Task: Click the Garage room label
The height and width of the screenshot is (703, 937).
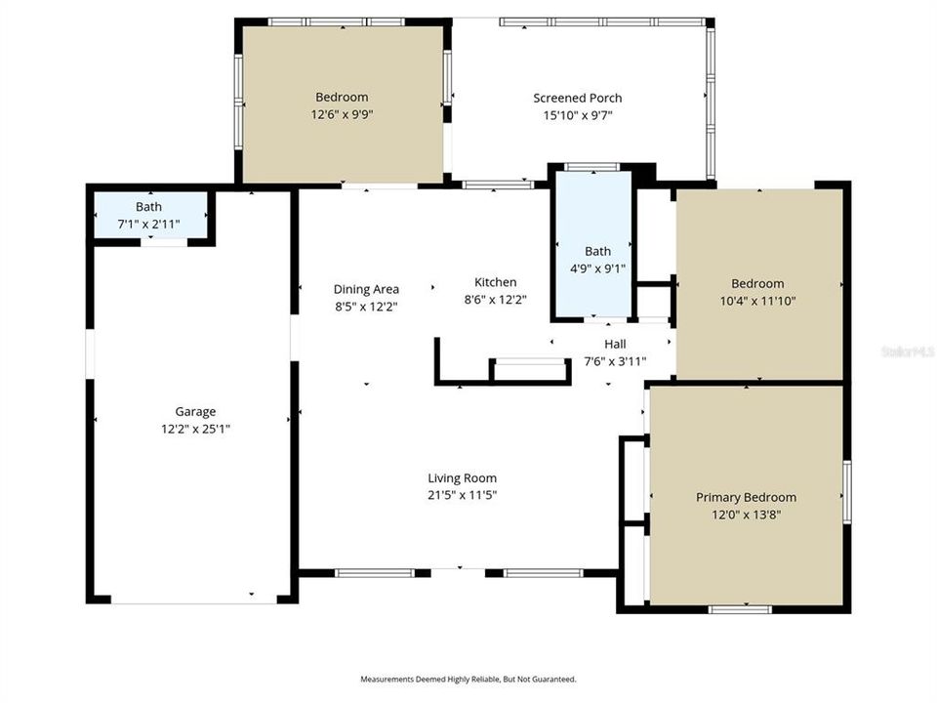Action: click(x=195, y=411)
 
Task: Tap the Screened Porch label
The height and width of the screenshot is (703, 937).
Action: click(x=577, y=98)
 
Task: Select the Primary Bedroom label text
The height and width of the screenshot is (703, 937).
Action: click(x=746, y=497)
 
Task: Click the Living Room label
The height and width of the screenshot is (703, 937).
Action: click(x=462, y=478)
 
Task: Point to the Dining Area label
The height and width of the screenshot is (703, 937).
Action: click(x=366, y=289)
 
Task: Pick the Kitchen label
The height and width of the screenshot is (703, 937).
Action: click(x=496, y=282)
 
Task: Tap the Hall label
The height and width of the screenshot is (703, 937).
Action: click(x=615, y=344)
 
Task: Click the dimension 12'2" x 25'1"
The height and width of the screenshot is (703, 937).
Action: click(x=195, y=429)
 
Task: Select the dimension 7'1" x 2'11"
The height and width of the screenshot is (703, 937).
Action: click(x=148, y=225)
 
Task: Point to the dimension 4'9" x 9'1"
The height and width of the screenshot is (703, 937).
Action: click(x=597, y=269)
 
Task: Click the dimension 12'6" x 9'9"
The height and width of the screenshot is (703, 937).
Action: click(x=342, y=114)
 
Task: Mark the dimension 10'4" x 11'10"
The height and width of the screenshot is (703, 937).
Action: click(x=757, y=301)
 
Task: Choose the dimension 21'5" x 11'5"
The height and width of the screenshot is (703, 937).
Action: click(x=462, y=495)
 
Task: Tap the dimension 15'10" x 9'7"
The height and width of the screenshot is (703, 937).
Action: click(x=577, y=115)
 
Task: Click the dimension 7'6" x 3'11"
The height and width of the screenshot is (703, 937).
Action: click(x=615, y=361)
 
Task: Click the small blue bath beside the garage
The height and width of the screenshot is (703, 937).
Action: click(x=150, y=215)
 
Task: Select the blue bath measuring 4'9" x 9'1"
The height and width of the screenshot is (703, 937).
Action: click(x=593, y=244)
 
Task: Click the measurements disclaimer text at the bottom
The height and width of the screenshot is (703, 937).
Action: click(x=468, y=680)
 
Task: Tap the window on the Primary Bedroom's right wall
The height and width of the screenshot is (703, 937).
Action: click(x=847, y=492)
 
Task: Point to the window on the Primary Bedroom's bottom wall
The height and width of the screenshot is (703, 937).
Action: click(x=740, y=609)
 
